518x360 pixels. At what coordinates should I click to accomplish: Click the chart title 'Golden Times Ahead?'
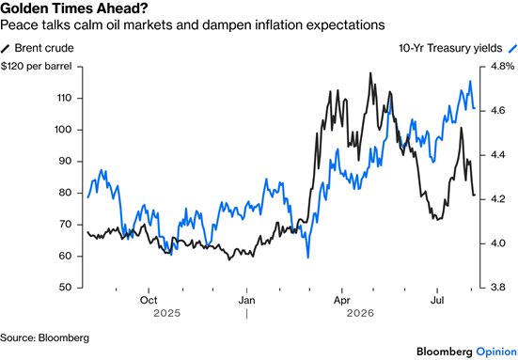pos(74,8)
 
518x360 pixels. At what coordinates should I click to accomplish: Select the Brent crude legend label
pos(44,48)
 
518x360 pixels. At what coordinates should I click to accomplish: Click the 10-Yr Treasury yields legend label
pos(450,48)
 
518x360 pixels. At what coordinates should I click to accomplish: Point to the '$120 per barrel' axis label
pos(36,67)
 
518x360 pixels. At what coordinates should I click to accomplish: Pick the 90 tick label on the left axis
pos(66,161)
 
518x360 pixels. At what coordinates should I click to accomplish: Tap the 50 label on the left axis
pos(66,288)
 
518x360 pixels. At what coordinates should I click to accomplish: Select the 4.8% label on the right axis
pos(502,67)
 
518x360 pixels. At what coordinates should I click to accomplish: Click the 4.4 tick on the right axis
pos(498,155)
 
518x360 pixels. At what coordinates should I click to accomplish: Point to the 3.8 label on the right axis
pos(498,288)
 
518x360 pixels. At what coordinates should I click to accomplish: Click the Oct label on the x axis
pos(149,300)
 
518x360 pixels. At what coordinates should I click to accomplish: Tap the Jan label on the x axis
pos(246,300)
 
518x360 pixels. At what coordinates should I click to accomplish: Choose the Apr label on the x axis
pos(341,301)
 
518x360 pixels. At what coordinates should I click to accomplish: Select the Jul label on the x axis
pos(437,300)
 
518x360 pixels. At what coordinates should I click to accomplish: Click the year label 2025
pos(166,313)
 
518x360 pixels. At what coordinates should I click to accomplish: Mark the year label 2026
pos(360,313)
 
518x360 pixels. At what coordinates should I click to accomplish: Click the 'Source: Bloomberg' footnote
pos(44,337)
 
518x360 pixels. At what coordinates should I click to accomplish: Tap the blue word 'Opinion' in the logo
pos(497,352)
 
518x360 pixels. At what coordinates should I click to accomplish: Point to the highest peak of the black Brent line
pos(370,73)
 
